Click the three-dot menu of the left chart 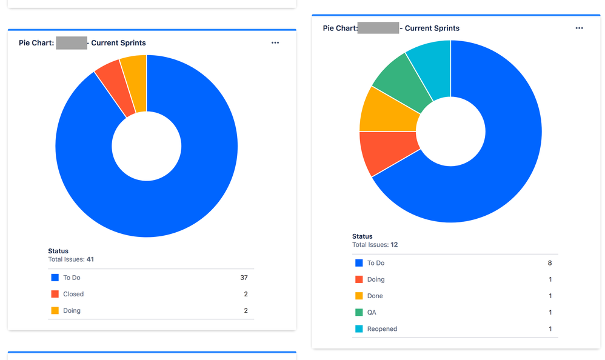275,43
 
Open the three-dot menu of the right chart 579,28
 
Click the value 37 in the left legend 244,278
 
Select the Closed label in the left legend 73,294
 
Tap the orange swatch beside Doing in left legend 55,310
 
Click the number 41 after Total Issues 90,259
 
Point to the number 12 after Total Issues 394,245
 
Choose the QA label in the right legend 372,312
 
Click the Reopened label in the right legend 382,328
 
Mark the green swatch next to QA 359,312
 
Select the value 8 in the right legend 550,263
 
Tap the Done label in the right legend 375,296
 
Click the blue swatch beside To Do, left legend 55,278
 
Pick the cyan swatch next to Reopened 359,328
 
